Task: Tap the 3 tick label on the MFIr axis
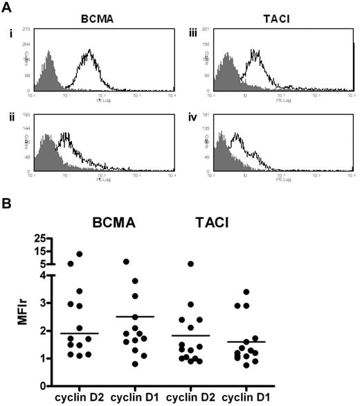point(48,303)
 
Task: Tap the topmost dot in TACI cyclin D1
point(266,292)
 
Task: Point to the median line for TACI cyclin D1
point(266,342)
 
